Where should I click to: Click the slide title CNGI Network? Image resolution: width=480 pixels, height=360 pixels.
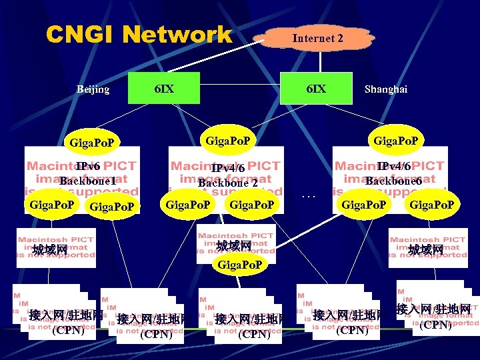point(139,35)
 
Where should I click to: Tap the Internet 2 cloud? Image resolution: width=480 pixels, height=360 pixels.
point(318,39)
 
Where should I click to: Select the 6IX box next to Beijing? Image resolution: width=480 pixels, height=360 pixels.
point(164,89)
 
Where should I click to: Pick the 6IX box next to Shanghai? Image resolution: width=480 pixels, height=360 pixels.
point(316,89)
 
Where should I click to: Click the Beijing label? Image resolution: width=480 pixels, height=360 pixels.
point(93,89)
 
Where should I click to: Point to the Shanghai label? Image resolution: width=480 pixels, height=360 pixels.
point(386,89)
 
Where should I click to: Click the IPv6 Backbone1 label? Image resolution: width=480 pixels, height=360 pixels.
point(87,173)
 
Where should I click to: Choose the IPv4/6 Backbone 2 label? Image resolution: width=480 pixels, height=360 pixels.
point(228,175)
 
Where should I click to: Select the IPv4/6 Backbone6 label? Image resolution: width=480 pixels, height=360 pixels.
point(393,173)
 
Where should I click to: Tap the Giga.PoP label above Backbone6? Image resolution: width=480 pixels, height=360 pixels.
point(396,141)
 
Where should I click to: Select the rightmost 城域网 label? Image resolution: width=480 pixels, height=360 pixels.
point(426,249)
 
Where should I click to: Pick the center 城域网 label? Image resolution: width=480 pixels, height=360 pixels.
point(234,246)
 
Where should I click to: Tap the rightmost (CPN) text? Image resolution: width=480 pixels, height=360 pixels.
point(437,325)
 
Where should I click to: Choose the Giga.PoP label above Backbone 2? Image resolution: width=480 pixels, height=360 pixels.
point(228,141)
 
